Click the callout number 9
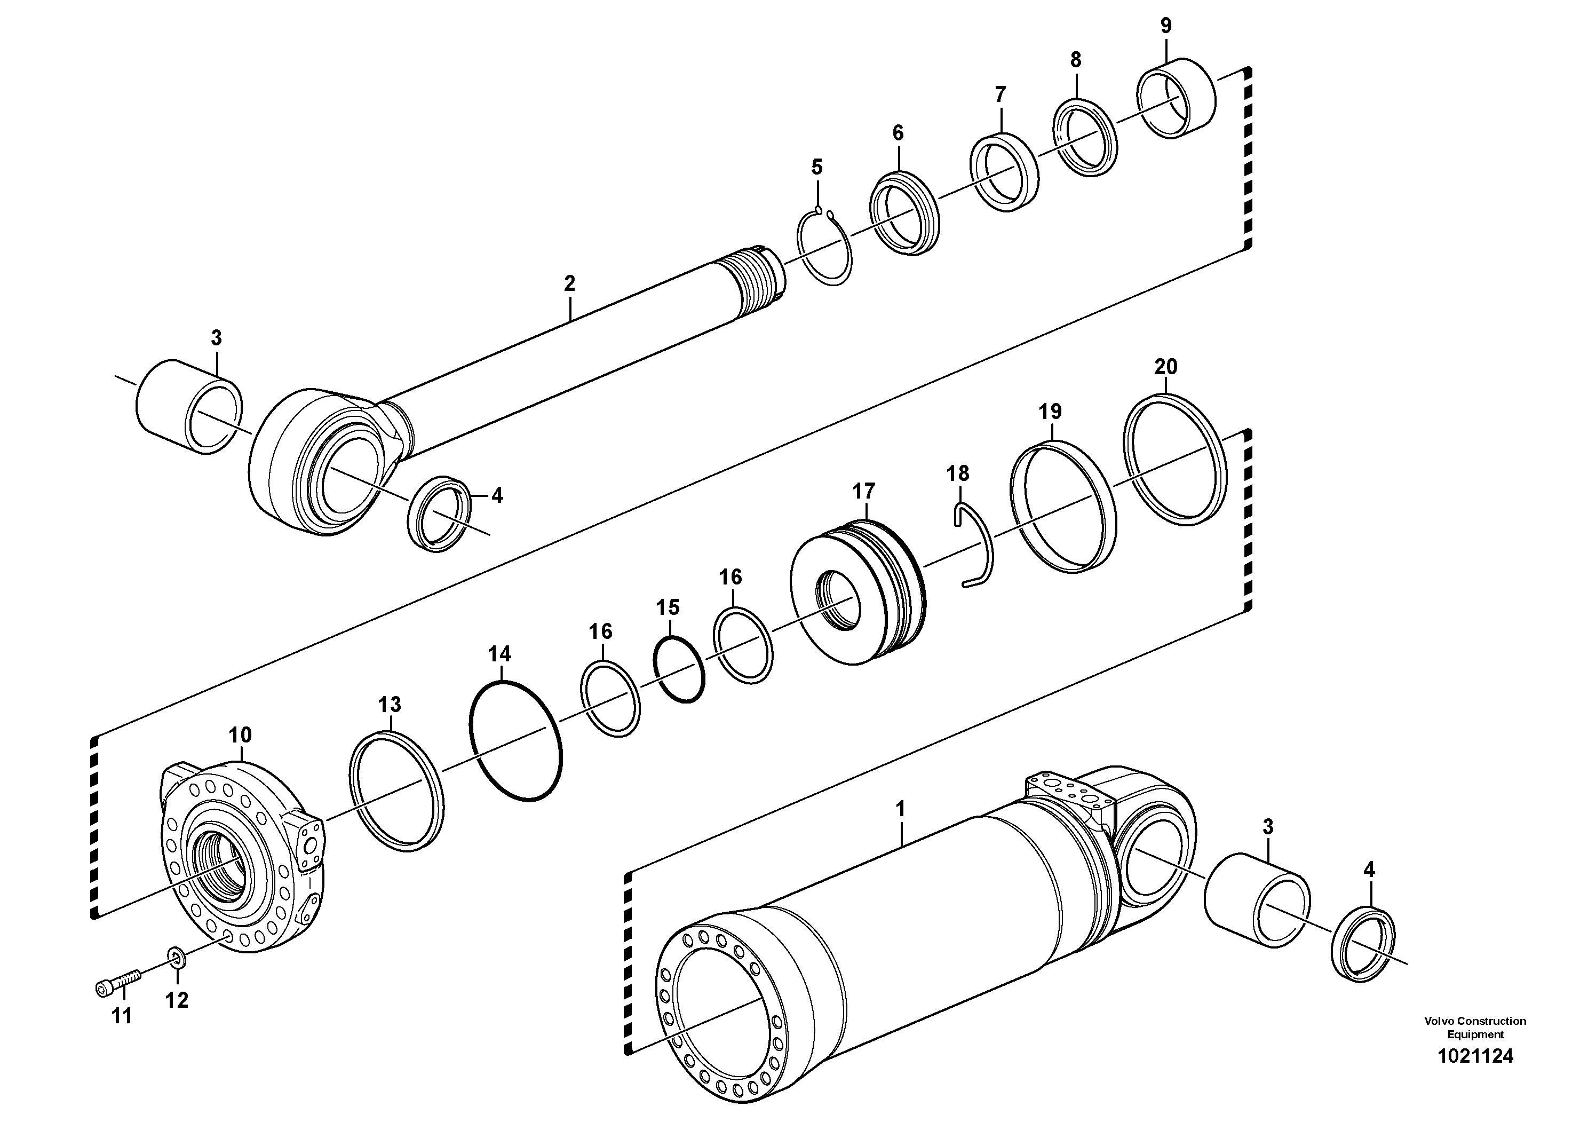[1166, 26]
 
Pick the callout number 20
[1166, 367]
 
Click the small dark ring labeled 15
[679, 669]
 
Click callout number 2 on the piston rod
[569, 283]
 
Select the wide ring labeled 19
[1063, 509]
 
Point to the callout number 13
[390, 705]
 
